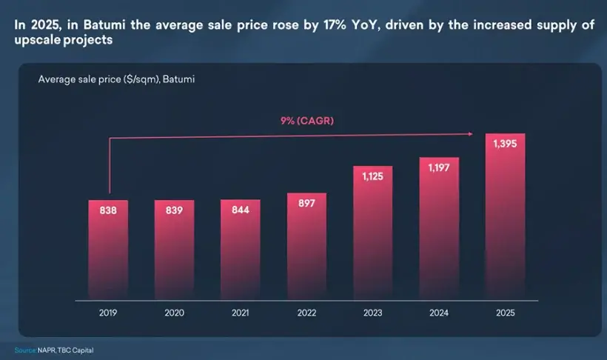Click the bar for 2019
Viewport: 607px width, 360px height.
pyautogui.click(x=109, y=252)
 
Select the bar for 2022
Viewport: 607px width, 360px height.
pyautogui.click(x=307, y=248)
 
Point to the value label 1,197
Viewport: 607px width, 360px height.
pyautogui.click(x=440, y=168)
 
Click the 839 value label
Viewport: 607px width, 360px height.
pyautogui.click(x=175, y=210)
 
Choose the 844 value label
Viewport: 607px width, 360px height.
pyautogui.click(x=241, y=210)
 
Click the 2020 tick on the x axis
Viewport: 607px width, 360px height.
pyautogui.click(x=175, y=313)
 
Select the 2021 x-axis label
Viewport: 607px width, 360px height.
pyautogui.click(x=241, y=313)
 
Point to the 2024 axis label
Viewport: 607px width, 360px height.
pyautogui.click(x=440, y=313)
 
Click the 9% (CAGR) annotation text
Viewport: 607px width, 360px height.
pyautogui.click(x=307, y=120)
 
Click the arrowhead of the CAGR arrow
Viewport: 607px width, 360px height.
pyautogui.click(x=471, y=134)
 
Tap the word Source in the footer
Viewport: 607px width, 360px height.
pyautogui.click(x=24, y=350)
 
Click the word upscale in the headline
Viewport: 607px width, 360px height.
pyautogui.click(x=33, y=39)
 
